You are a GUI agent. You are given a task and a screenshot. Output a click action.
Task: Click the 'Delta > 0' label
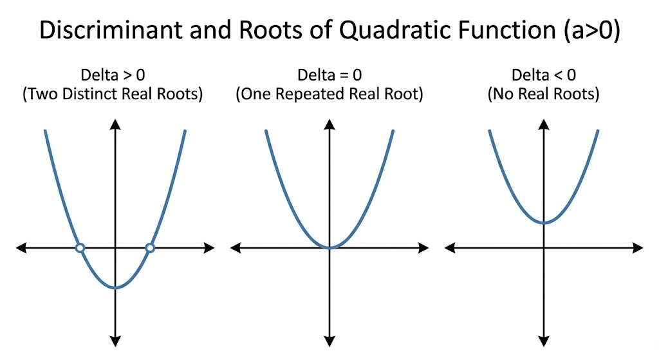click(x=113, y=75)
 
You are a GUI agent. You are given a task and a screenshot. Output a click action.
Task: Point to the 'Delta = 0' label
click(x=329, y=75)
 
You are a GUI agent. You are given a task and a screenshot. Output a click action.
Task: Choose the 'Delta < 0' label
click(x=543, y=75)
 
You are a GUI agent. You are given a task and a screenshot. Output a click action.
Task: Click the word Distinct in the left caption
click(x=86, y=93)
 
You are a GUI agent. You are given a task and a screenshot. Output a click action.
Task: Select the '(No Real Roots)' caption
click(x=543, y=94)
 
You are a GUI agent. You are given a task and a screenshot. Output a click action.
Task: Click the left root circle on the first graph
click(x=80, y=248)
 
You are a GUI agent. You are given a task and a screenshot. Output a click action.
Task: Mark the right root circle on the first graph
click(x=150, y=248)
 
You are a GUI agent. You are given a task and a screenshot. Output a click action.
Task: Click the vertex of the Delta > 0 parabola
click(x=115, y=288)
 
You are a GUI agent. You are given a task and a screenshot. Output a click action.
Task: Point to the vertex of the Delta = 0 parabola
click(x=329, y=247)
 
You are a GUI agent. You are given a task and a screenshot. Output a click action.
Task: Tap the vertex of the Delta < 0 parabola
click(x=544, y=222)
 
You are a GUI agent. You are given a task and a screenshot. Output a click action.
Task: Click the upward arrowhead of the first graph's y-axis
click(x=115, y=124)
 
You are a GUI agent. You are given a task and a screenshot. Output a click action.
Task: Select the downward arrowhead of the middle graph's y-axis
click(x=329, y=341)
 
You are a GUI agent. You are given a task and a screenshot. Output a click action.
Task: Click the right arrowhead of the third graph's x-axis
click(x=638, y=248)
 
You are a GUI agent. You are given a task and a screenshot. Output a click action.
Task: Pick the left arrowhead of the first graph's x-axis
click(x=21, y=248)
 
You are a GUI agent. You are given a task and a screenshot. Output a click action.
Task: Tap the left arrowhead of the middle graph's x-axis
click(x=236, y=248)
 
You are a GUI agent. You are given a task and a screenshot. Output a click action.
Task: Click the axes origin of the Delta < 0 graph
click(x=544, y=248)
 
